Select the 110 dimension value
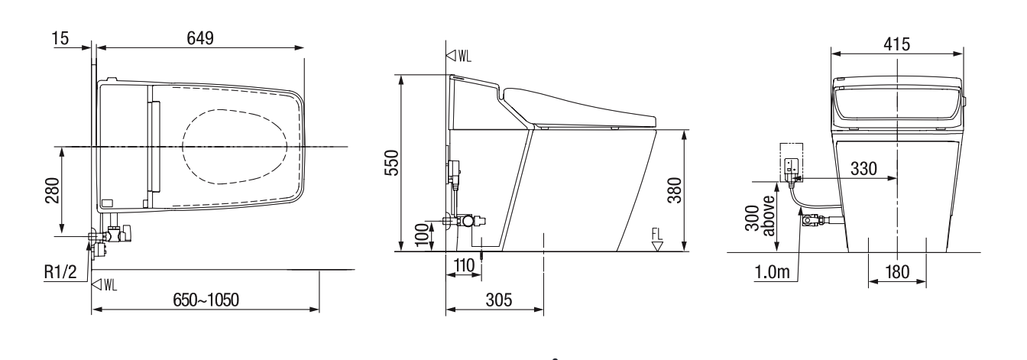[462, 267]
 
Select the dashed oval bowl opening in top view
[235, 146]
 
